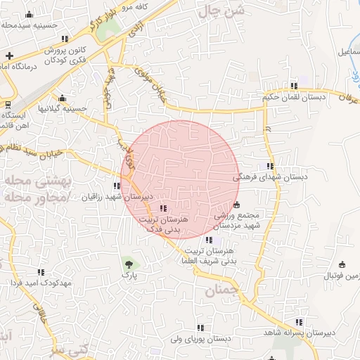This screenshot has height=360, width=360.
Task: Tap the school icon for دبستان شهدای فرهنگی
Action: tap(270, 167)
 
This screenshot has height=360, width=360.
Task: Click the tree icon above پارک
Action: tap(129, 264)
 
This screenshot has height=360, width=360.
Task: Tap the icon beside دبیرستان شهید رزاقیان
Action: tap(116, 186)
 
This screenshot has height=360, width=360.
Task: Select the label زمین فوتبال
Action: tap(340, 276)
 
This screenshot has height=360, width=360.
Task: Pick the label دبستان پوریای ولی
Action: tap(200, 338)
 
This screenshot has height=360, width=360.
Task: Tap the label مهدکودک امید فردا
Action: tap(39, 282)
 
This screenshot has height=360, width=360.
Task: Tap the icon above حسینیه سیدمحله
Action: tap(28, 15)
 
